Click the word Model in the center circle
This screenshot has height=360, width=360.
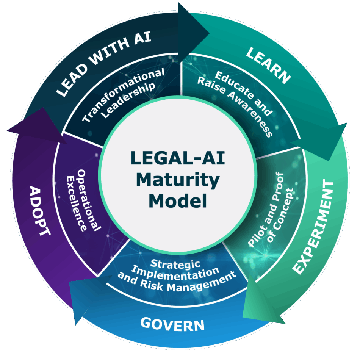[x=178, y=200]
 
